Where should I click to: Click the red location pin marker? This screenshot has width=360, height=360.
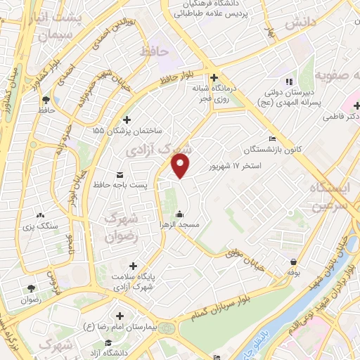pos(181,166)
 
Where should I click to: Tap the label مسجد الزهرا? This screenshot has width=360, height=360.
pos(180,225)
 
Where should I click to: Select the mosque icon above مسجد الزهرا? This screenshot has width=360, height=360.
pos(180,214)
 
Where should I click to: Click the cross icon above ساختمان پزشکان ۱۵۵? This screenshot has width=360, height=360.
pos(127,120)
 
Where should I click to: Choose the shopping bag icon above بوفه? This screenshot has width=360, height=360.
pos(292,261)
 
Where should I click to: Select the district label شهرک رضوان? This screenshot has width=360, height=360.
pos(124,229)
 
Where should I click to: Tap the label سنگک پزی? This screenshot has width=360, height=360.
pos(39,226)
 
